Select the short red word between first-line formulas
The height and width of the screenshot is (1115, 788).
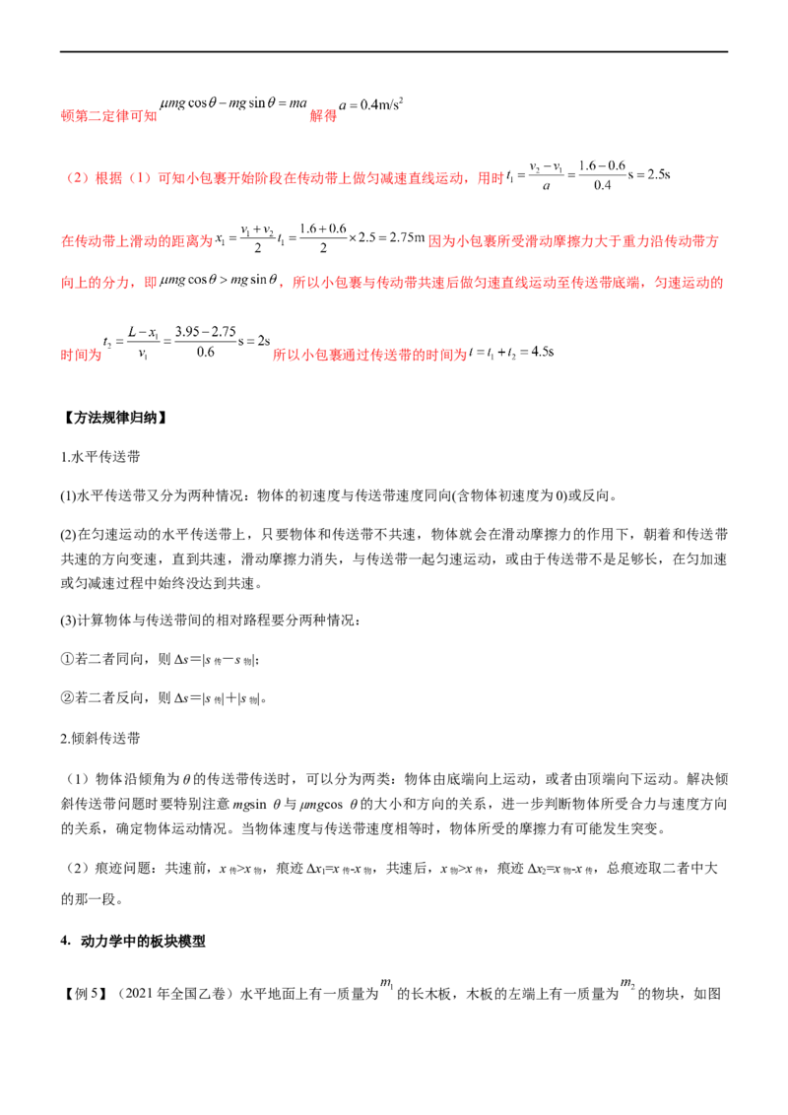[x=323, y=116]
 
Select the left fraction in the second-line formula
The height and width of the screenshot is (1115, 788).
[x=548, y=175]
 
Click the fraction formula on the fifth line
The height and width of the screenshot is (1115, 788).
[x=186, y=345]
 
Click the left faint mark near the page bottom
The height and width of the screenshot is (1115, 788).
[x=387, y=983]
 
